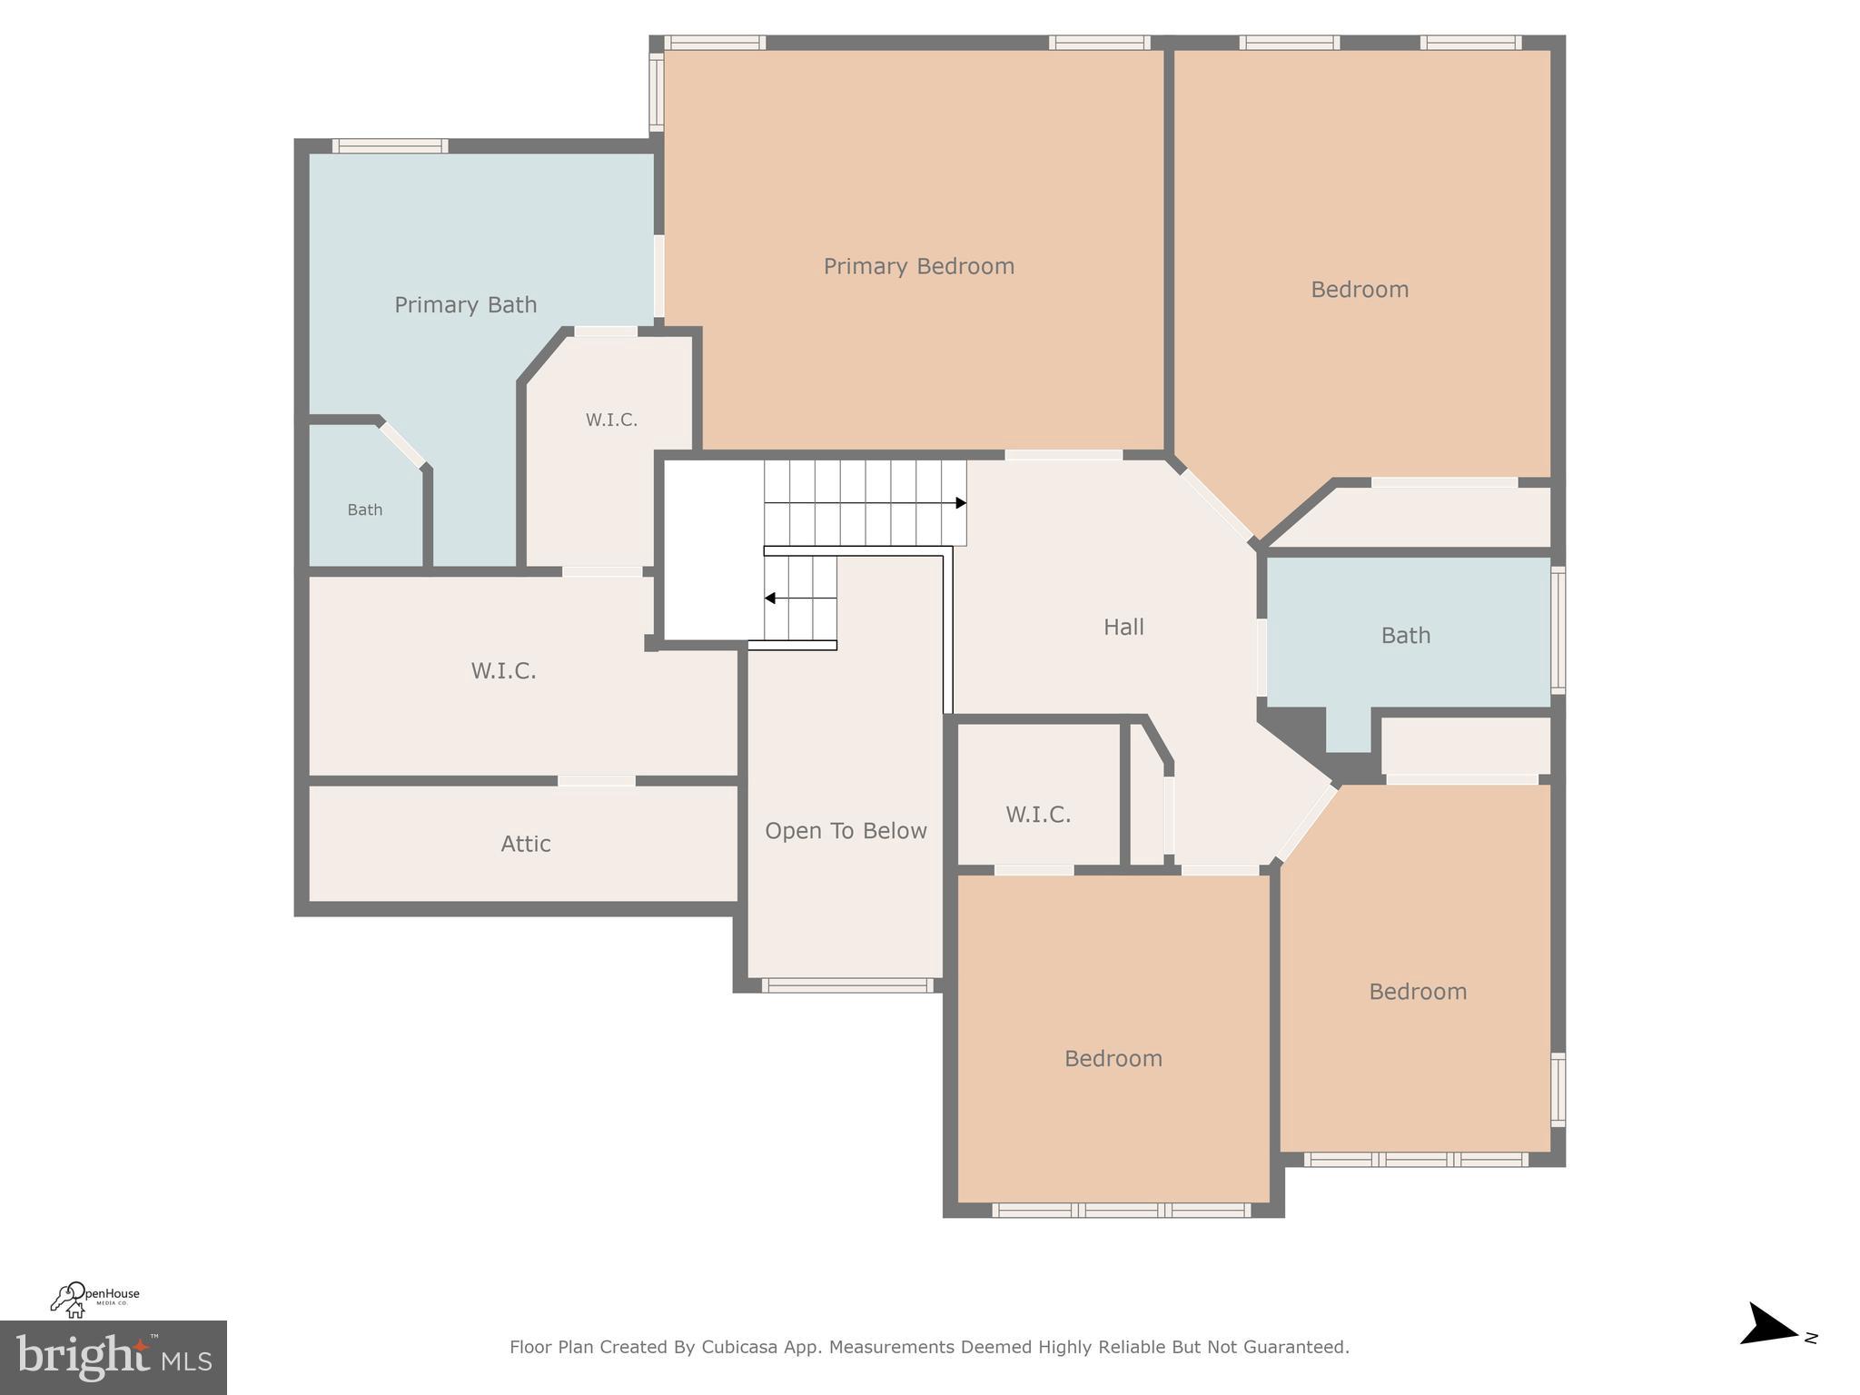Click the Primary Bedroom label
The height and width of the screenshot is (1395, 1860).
coord(918,266)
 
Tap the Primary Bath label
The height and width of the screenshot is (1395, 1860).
coord(465,304)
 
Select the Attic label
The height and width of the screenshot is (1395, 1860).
coord(526,844)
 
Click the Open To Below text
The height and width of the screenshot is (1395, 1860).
coord(846,831)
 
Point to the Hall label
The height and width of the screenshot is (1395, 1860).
coord(1123,627)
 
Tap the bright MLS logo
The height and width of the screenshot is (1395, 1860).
coord(114,1358)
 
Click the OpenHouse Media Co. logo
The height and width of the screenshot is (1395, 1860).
coord(94,1299)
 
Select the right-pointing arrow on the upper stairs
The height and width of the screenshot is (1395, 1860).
coord(960,503)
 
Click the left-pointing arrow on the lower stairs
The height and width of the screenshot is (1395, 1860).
coord(770,599)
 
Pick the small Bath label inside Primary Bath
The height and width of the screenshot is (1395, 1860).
coord(365,510)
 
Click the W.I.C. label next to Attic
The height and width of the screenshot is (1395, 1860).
coord(503,671)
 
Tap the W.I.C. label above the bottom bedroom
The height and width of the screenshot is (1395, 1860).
coord(1038,815)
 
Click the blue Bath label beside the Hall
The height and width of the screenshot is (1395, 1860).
coord(1405,636)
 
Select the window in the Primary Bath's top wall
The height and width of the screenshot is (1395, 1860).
coord(390,146)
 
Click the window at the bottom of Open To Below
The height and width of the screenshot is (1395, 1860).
coord(846,985)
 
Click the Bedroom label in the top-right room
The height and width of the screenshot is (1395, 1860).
coord(1360,290)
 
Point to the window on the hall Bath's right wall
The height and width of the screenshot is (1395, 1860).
coord(1558,629)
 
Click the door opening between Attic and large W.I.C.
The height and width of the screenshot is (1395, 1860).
coord(596,781)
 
